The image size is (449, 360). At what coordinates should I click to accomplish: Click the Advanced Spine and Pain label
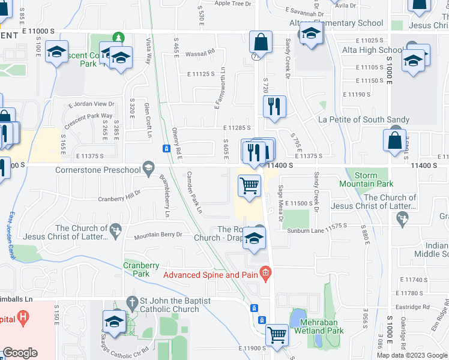pyautogui.click(x=211, y=275)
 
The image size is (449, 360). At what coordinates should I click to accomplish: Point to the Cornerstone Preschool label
pyautogui.click(x=96, y=170)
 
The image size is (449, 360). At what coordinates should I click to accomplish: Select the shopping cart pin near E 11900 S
pyautogui.click(x=277, y=334)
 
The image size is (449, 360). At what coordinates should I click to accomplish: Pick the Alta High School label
pyautogui.click(x=374, y=50)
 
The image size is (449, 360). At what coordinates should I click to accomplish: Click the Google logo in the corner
pyautogui.click(x=20, y=353)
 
